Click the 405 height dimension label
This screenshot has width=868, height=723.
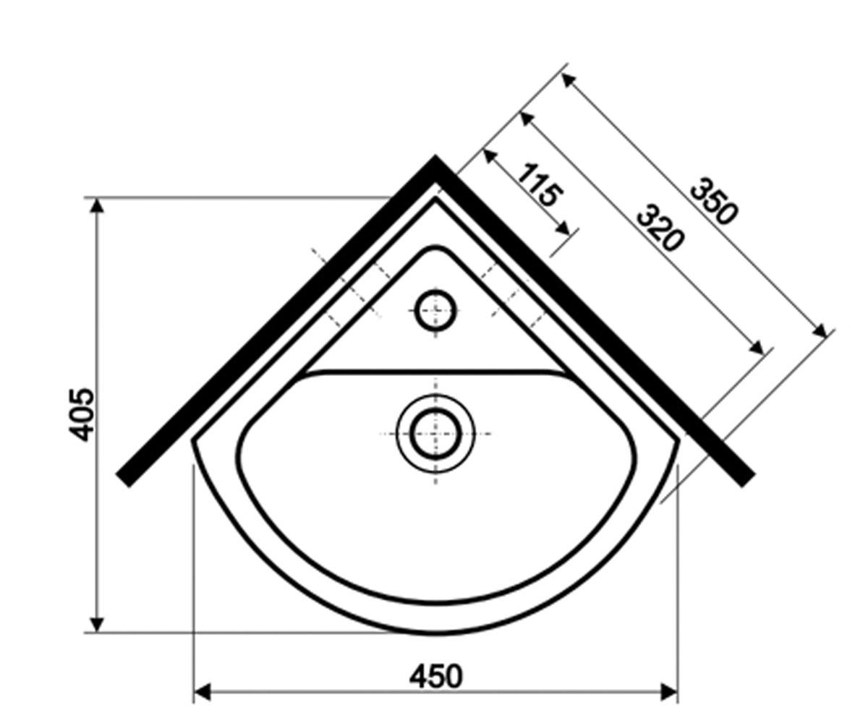coord(82,415)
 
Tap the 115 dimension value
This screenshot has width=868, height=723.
coord(541,185)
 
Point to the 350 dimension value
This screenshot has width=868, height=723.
coord(714,201)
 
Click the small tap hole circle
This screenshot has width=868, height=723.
coord(435,310)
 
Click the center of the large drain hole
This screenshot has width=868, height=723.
coord(435,434)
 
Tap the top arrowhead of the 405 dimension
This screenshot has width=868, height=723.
coord(97,205)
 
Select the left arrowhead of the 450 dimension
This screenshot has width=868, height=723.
coord(203,693)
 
